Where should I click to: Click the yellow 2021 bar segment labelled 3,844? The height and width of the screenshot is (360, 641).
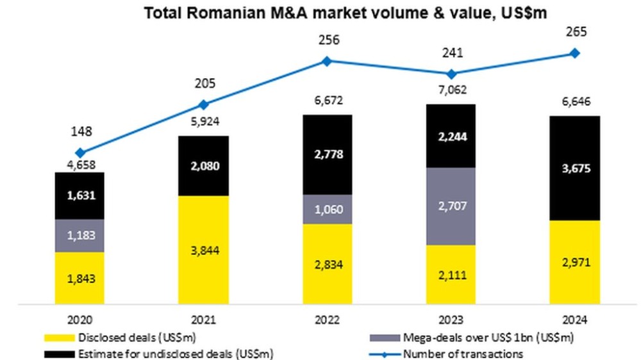coord(204,250)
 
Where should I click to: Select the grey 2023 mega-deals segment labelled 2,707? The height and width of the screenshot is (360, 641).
coord(451,206)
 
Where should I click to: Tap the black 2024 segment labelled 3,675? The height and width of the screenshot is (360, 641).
coord(575,168)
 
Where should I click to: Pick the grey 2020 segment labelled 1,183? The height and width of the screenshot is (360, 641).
coord(80,235)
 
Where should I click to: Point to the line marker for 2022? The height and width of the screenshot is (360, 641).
coord(327,61)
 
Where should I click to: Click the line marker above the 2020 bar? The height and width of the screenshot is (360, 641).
coord(80,152)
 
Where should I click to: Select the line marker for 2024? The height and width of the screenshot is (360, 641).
coord(575,53)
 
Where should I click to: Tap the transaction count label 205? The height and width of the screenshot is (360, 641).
coord(204,83)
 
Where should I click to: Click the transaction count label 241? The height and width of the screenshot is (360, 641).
coord(451,53)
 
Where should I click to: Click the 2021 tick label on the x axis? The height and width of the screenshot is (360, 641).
coord(204,320)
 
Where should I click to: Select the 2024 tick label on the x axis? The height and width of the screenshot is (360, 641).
coord(575,320)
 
